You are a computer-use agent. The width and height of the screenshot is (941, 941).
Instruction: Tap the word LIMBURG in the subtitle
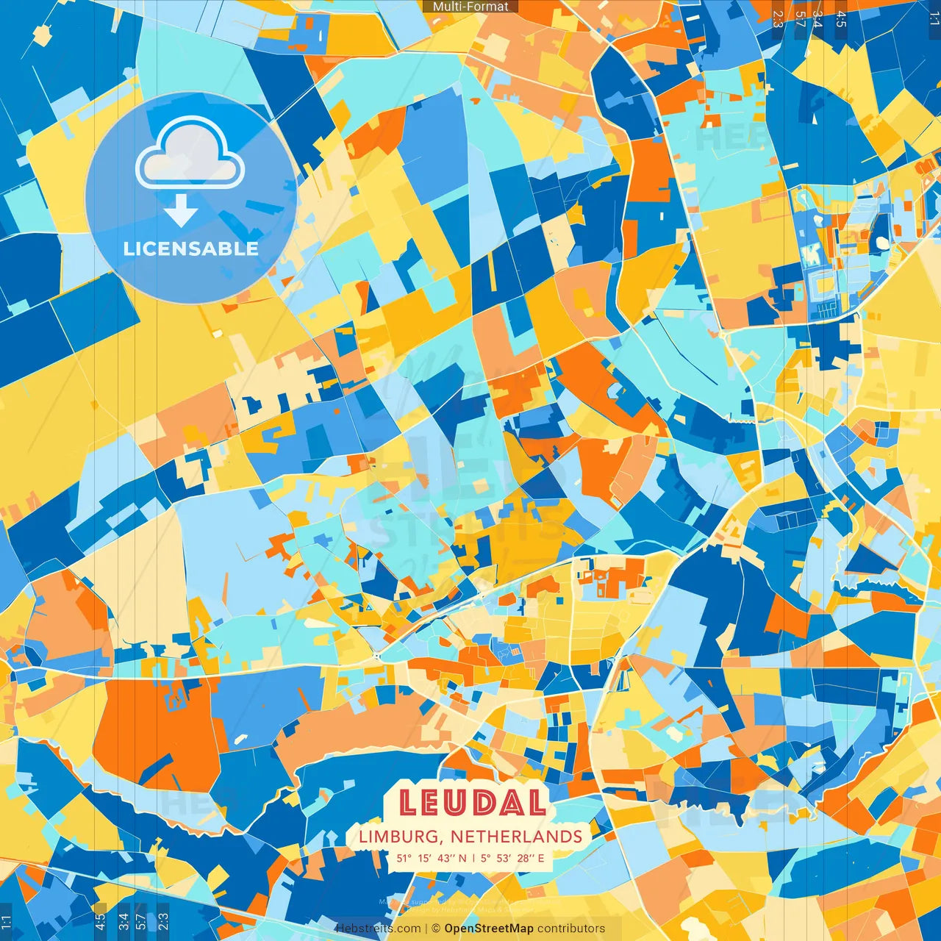pyautogui.click(x=401, y=837)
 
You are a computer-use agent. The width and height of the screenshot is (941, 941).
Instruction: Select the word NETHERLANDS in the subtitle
pyautogui.click(x=516, y=837)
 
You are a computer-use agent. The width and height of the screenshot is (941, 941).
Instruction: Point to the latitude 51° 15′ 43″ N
pyautogui.click(x=431, y=858)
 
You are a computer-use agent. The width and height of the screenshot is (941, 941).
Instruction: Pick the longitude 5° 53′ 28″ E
pyautogui.click(x=513, y=858)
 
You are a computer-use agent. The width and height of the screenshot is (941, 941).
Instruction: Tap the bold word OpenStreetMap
pyautogui.click(x=489, y=929)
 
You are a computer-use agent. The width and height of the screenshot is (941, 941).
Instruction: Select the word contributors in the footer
pyautogui.click(x=571, y=929)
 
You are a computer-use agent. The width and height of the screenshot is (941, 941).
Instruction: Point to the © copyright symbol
pyautogui.click(x=435, y=929)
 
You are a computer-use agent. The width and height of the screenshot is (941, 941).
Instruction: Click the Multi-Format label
pyautogui.click(x=470, y=7)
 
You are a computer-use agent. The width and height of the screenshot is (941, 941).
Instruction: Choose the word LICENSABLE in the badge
pyautogui.click(x=191, y=248)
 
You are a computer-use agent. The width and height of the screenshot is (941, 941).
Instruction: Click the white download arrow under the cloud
pyautogui.click(x=181, y=211)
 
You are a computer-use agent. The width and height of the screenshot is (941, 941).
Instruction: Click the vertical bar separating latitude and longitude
pyautogui.click(x=474, y=858)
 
